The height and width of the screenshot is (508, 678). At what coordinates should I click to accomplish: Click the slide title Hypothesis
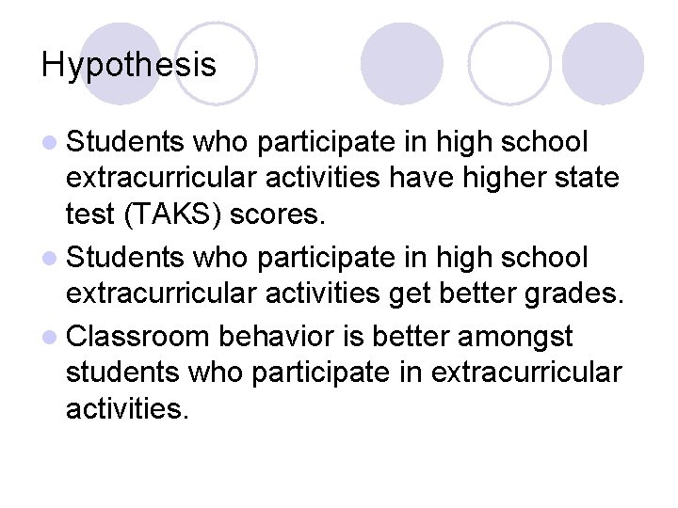coord(129,65)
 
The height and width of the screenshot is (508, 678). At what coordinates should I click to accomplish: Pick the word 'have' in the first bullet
coord(422,179)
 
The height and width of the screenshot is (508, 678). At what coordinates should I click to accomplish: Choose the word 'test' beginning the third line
coord(88,214)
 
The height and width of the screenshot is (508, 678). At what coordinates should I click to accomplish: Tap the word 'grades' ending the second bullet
coord(572,294)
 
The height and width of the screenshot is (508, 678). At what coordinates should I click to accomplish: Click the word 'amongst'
coord(519,336)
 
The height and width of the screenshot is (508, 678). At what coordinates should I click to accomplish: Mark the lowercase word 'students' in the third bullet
coord(121,373)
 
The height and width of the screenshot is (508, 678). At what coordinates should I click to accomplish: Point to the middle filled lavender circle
coord(402,61)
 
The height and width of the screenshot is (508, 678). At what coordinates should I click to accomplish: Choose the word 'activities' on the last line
coord(127,409)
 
